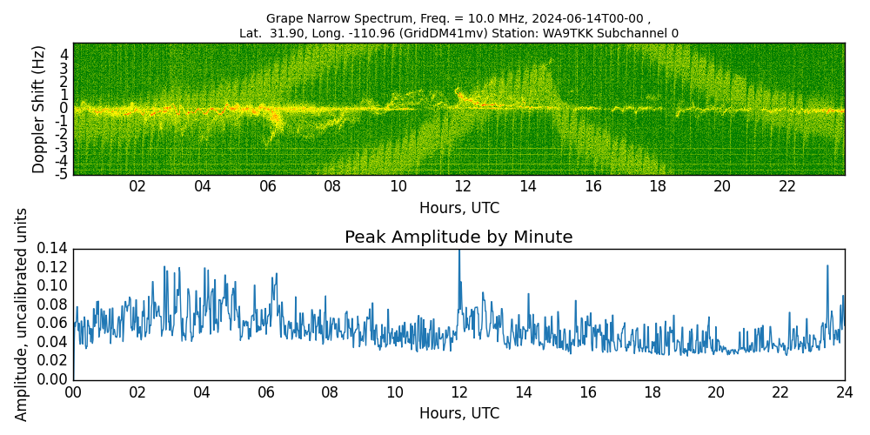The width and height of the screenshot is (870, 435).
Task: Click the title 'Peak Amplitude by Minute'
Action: click(458, 238)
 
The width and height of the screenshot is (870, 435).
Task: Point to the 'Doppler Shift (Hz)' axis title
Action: click(38, 109)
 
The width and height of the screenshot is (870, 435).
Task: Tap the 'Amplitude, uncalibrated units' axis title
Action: click(22, 314)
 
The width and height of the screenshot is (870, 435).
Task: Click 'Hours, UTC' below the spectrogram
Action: click(458, 209)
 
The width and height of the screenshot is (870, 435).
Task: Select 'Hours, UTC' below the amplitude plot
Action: click(458, 414)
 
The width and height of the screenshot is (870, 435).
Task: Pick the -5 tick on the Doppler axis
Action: click(62, 174)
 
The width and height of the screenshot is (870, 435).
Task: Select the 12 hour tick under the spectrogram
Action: click(463, 187)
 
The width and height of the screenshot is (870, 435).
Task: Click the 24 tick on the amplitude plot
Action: click(845, 392)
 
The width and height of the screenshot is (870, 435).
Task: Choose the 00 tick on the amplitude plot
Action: click(73, 392)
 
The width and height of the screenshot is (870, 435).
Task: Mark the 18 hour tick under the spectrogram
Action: click(657, 187)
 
